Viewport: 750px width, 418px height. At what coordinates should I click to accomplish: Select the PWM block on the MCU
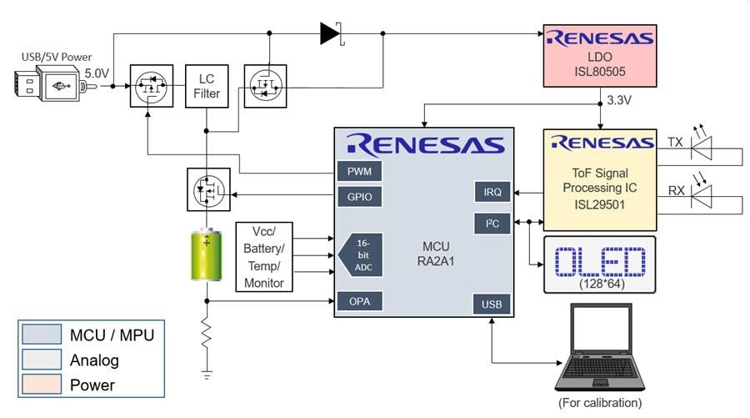359,171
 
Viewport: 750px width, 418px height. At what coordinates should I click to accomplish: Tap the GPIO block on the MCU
359,197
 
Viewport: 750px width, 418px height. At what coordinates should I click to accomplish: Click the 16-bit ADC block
360,254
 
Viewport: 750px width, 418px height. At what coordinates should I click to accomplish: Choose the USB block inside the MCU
491,305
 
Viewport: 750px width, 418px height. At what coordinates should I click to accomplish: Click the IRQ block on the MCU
492,192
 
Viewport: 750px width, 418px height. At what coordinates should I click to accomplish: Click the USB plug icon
48,85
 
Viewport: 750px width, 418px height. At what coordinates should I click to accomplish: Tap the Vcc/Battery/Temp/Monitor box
263,257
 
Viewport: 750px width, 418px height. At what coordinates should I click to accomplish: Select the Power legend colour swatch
42,385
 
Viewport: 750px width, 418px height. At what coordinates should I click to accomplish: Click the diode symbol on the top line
331,33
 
